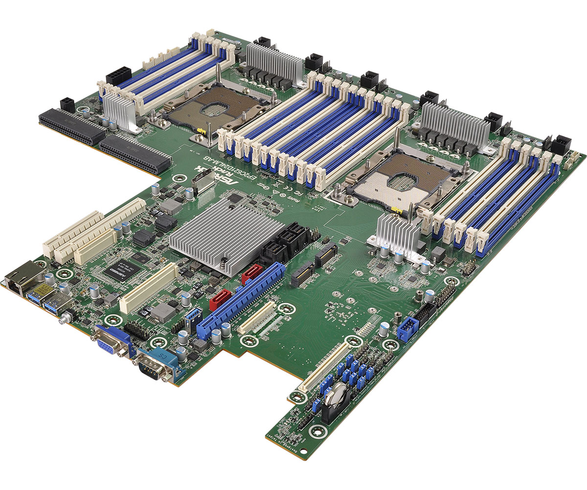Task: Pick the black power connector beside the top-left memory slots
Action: [x=118, y=76]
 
